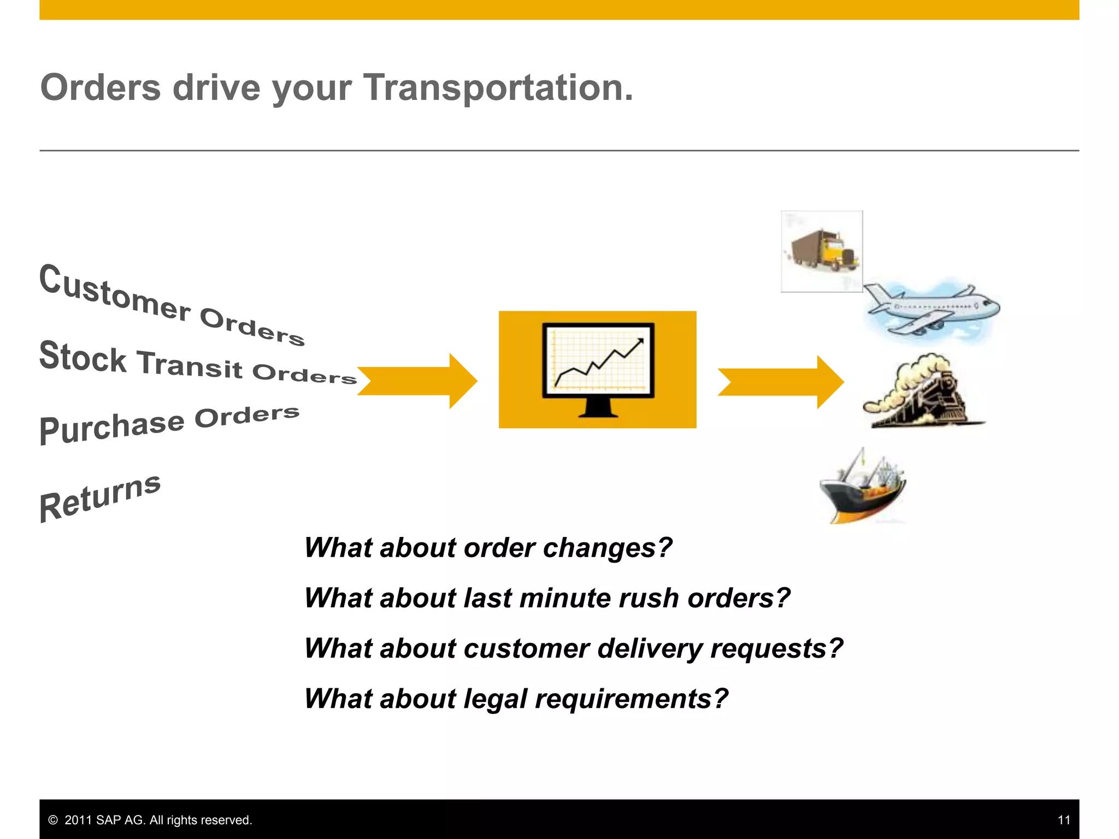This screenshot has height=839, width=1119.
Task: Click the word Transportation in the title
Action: (x=498, y=87)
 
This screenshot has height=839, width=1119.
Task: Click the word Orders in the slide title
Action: (x=101, y=87)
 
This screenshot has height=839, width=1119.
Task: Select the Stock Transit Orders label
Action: (x=197, y=363)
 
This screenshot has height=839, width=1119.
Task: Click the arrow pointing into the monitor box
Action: (x=417, y=381)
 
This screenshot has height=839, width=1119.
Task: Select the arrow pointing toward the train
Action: (x=780, y=382)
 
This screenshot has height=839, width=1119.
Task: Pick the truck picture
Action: (x=822, y=251)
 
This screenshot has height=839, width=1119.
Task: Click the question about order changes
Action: (x=488, y=547)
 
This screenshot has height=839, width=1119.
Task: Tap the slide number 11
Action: (x=1063, y=820)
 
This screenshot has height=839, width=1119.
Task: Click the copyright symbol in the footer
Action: (x=53, y=820)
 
